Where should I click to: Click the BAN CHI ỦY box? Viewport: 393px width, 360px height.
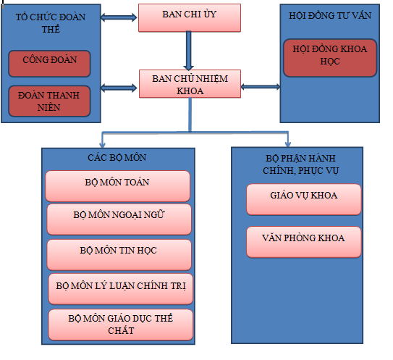tap(190, 18)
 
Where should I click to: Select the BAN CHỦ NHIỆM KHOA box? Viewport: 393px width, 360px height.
tap(190, 84)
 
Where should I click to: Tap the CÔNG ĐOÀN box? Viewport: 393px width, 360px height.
tap(49, 64)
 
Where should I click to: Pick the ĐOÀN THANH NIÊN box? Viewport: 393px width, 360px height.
tap(49, 101)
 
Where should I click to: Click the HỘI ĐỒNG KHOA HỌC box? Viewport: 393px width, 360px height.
tap(330, 58)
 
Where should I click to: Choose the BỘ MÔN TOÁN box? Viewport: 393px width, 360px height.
tap(117, 186)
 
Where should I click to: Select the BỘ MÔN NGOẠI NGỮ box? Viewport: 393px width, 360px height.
tap(119, 219)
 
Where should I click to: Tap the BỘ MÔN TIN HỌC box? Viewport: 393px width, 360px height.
tap(119, 255)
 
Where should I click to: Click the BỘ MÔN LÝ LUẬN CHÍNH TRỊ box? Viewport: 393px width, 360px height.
tap(121, 289)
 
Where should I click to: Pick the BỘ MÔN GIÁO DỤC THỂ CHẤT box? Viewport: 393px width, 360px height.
tap(121, 325)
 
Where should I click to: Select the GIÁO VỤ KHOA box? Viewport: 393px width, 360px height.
tap(304, 199)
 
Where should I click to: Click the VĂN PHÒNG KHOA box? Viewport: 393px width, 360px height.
tap(304, 242)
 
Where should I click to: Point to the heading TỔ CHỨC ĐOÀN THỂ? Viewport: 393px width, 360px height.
tap(51, 23)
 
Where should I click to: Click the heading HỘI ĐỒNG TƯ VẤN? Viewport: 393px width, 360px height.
tap(330, 16)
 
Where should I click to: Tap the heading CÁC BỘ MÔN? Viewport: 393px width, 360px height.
tap(117, 158)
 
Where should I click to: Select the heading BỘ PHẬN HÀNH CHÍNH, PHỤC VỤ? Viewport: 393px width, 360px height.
tap(300, 164)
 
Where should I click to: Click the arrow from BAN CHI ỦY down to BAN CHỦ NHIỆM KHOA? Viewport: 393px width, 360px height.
tap(188, 51)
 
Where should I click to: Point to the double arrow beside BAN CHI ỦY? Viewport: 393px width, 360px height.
tap(119, 17)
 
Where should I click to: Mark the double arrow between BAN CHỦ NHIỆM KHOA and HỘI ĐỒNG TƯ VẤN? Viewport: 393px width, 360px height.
tap(261, 87)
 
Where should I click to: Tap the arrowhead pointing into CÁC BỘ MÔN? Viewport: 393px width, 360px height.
tap(102, 145)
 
